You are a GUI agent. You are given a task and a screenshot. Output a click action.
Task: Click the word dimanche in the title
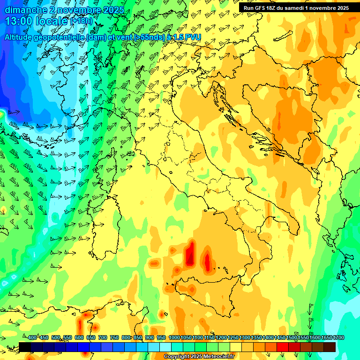pyautogui.click(x=26, y=10)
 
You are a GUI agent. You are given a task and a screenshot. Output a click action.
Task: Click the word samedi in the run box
pyautogui.click(x=295, y=8)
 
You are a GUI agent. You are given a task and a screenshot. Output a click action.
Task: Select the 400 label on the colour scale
pyautogui.click(x=32, y=338)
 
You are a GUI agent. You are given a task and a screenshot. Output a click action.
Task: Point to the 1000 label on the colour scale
pyautogui.click(x=174, y=338)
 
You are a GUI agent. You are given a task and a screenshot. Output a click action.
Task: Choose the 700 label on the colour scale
pyautogui.click(x=103, y=338)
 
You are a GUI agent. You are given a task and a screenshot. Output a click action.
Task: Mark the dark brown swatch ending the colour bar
pyautogui.click(x=330, y=347)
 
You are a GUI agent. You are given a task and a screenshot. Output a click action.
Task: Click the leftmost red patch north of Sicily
pyautogui.click(x=190, y=254)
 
